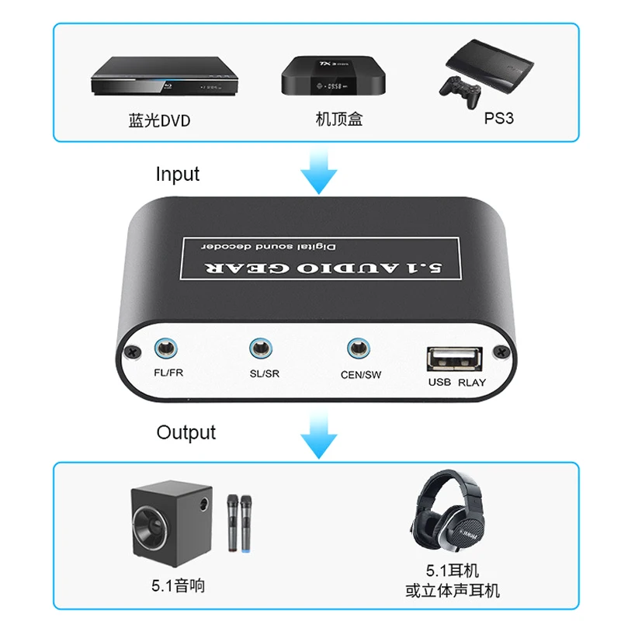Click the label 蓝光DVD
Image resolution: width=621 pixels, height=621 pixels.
coord(159,120)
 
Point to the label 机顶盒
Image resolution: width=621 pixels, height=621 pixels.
coord(339,119)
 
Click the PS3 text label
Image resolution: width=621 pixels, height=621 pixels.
coord(498,118)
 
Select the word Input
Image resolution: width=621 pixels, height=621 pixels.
coord(178,174)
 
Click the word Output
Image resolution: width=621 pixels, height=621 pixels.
coord(186,432)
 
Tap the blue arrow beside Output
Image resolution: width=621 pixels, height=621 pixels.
coord(319,435)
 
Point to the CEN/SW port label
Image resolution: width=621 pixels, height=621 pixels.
coord(361,375)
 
